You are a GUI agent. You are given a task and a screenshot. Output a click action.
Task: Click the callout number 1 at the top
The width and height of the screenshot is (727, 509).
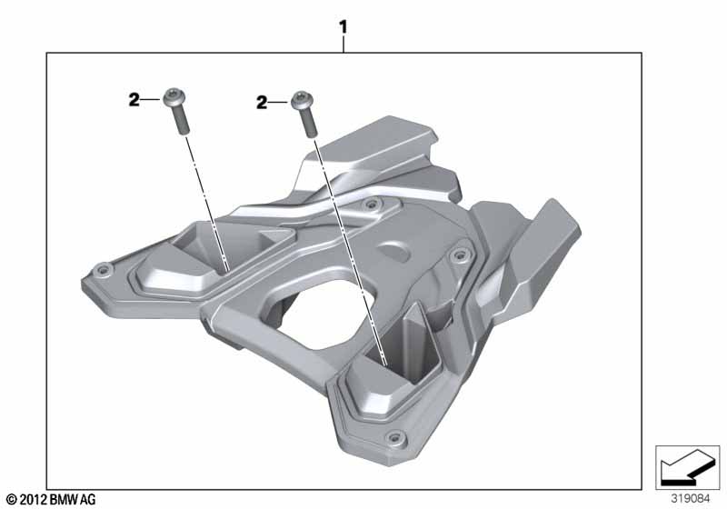(x=344, y=27)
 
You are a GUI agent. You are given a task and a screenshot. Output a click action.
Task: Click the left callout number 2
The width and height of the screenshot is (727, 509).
(x=134, y=100)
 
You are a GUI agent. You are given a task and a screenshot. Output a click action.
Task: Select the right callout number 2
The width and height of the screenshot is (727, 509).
(x=262, y=103)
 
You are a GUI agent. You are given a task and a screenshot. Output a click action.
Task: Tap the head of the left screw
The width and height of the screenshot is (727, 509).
(x=174, y=96)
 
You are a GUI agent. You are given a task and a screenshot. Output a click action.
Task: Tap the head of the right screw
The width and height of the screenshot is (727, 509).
(x=303, y=99)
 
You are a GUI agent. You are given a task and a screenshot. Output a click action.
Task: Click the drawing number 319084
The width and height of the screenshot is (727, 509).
(x=691, y=499)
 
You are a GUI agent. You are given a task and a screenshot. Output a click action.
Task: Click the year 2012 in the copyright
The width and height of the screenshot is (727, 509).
(x=34, y=500)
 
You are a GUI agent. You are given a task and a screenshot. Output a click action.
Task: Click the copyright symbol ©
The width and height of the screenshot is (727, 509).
(x=13, y=500)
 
